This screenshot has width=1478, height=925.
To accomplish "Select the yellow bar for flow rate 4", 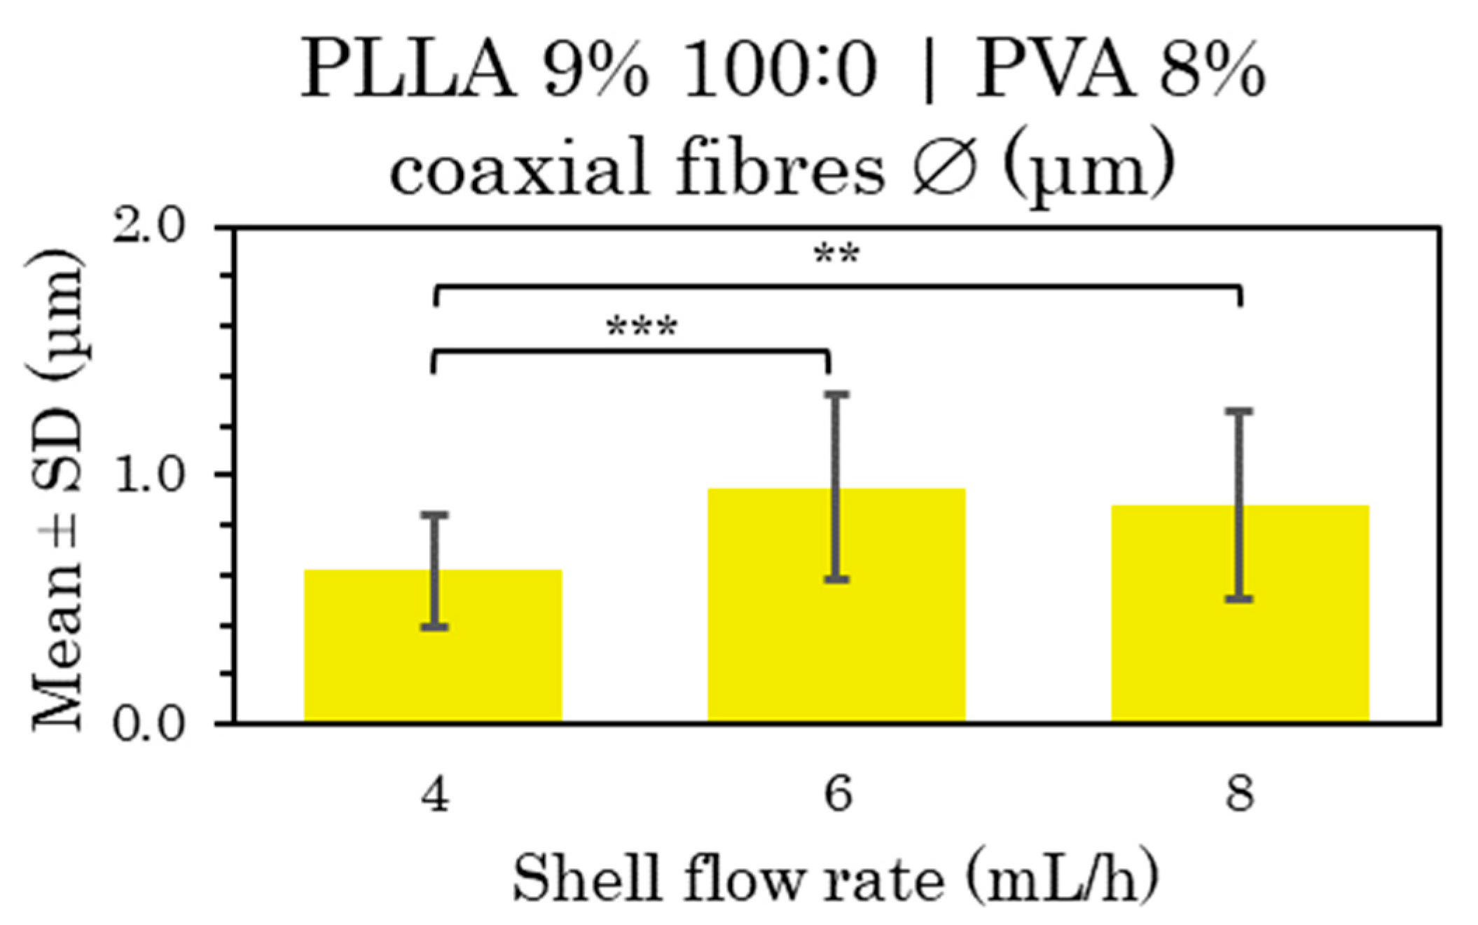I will pyautogui.click(x=433, y=666).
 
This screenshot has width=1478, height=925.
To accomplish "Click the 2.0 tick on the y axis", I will pyautogui.click(x=149, y=228).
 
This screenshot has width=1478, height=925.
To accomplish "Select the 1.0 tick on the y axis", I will pyautogui.click(x=149, y=475).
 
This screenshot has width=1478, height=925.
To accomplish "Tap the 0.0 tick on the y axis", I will pyautogui.click(x=149, y=724).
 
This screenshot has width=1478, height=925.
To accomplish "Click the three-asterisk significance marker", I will pyautogui.click(x=642, y=328).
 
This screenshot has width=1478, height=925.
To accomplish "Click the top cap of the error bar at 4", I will pyautogui.click(x=435, y=515).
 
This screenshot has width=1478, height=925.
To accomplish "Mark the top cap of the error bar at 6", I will pyautogui.click(x=837, y=395).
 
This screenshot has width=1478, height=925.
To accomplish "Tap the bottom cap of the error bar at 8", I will pyautogui.click(x=1239, y=599).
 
